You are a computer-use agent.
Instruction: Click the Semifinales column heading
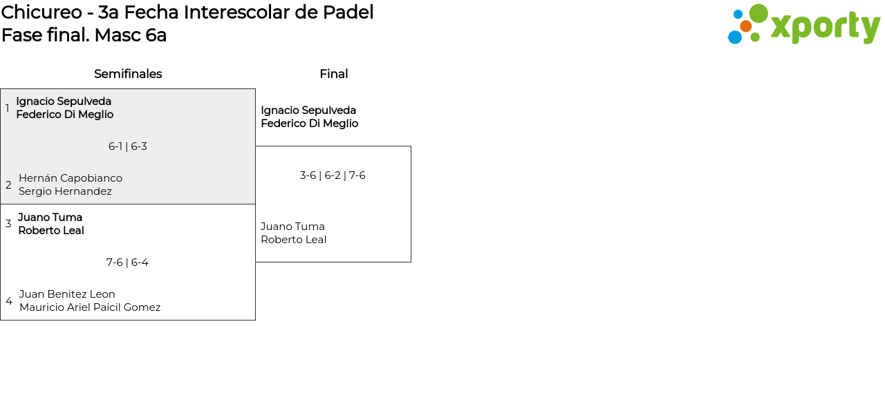[128, 74]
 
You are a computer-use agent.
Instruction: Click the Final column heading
[333, 74]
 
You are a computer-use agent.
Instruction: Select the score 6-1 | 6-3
[128, 146]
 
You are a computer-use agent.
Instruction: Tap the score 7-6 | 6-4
[127, 262]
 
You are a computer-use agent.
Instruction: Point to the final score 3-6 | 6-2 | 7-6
[333, 175]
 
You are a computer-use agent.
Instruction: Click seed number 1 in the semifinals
[8, 108]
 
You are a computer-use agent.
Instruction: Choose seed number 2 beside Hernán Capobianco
[8, 185]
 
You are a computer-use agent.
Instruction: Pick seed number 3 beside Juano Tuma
[8, 224]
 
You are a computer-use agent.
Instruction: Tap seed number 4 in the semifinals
[9, 301]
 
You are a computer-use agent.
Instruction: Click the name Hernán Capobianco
[71, 178]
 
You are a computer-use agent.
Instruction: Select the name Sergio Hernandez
[65, 191]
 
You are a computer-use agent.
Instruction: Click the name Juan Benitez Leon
[67, 294]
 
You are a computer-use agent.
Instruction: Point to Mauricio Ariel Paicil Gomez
[90, 307]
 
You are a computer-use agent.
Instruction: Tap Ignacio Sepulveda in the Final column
[308, 111]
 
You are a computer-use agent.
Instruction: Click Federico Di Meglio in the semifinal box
[65, 115]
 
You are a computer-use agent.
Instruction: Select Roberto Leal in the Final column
[293, 240]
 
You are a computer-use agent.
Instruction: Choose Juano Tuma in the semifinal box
[50, 218]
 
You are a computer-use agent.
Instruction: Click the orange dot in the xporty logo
[746, 26]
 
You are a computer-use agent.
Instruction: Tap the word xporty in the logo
[825, 27]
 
